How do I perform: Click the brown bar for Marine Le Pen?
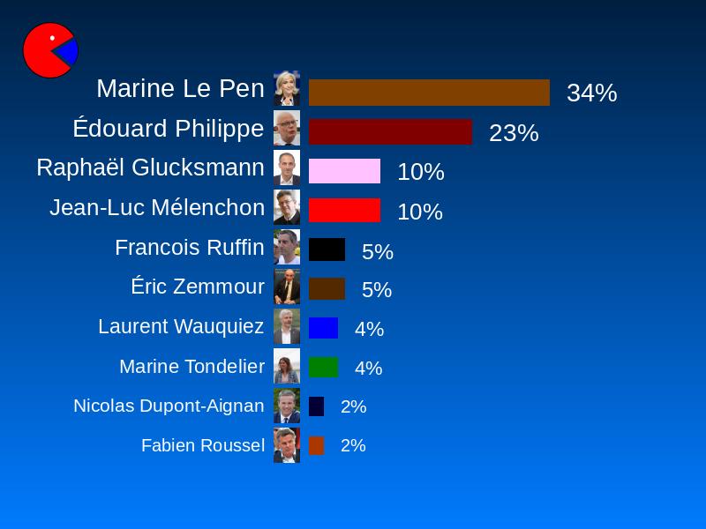pos(429,93)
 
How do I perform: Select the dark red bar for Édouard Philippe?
pos(390,132)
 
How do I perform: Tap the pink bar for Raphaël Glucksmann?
pos(344,171)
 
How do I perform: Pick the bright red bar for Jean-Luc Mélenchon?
pos(344,211)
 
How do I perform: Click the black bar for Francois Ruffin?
pos(327,250)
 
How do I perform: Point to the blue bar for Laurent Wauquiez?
pos(323,328)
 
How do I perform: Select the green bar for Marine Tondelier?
pos(323,367)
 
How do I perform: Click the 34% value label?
pos(591,93)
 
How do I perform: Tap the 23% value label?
pos(514,133)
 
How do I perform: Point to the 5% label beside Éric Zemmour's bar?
pos(377,290)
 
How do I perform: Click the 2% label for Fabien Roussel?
pos(353,445)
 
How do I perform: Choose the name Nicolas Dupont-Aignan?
pos(169,406)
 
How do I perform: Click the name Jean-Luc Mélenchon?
pos(157,208)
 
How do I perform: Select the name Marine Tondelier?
pos(192,366)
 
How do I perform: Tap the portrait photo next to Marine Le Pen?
pos(287,88)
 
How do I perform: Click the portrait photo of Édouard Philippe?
pos(287,128)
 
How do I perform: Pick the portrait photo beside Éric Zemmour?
pos(287,287)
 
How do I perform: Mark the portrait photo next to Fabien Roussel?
pos(287,445)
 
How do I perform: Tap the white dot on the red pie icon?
pos(53,38)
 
